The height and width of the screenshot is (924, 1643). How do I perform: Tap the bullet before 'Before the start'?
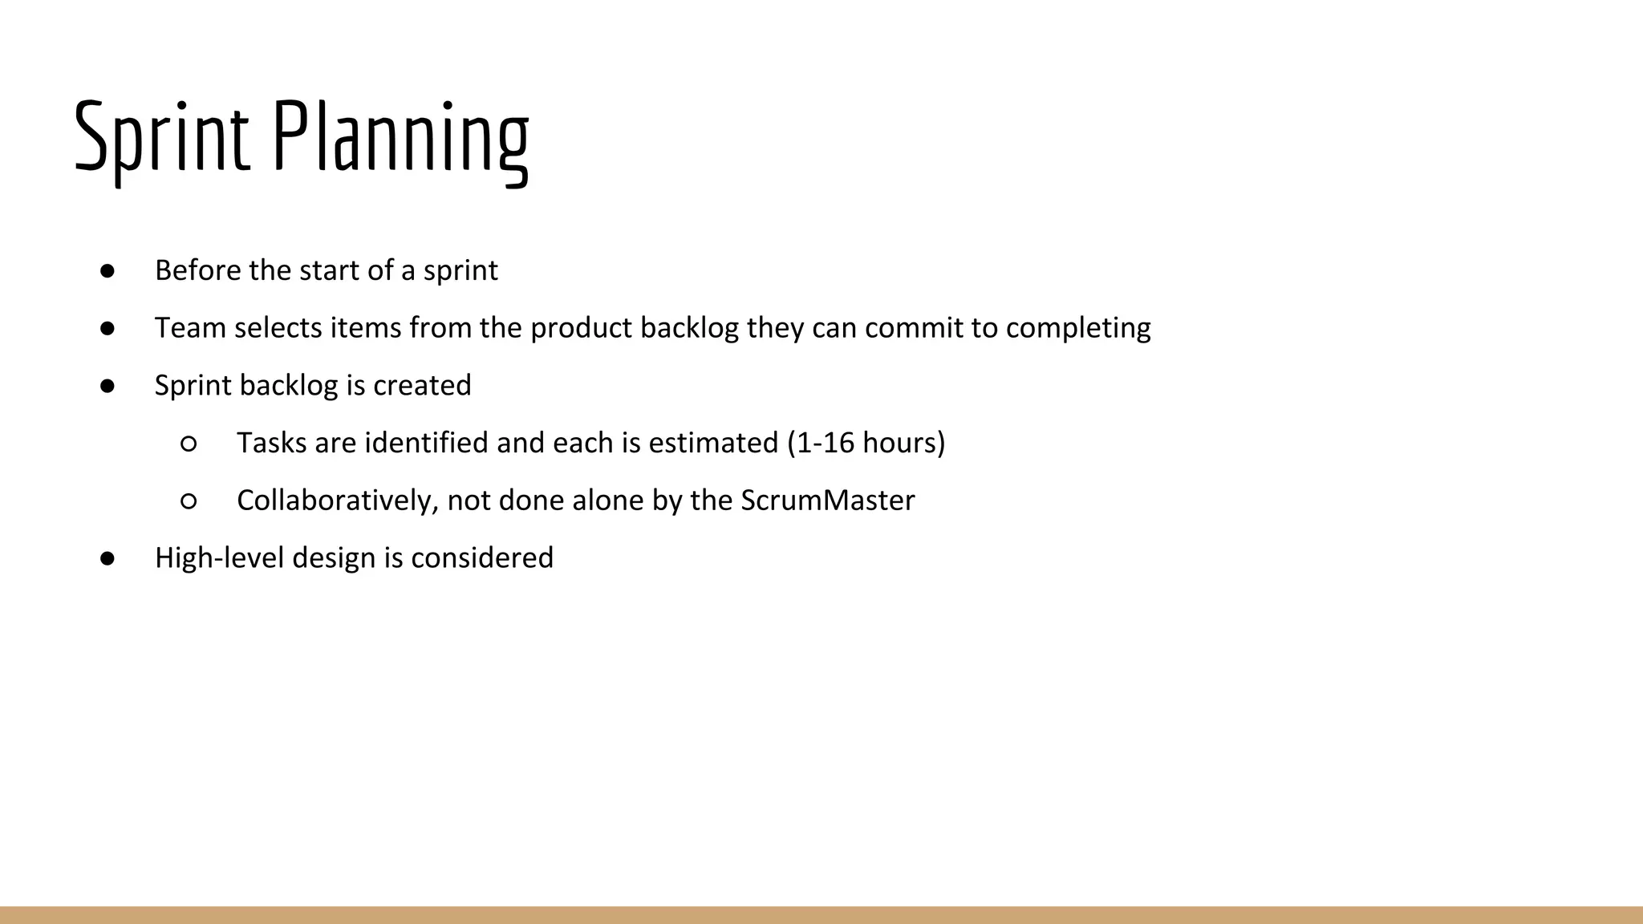[108, 271]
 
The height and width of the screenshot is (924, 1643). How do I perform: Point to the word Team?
[190, 328]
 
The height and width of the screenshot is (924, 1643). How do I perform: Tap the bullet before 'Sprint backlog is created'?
[108, 386]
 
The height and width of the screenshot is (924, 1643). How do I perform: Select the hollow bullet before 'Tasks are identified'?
[189, 444]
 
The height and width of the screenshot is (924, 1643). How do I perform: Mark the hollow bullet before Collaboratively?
[189, 501]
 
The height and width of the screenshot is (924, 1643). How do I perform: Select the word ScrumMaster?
[827, 500]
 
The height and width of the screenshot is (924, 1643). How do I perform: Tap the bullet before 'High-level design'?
[108, 558]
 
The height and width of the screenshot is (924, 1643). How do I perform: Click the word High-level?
[219, 558]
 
